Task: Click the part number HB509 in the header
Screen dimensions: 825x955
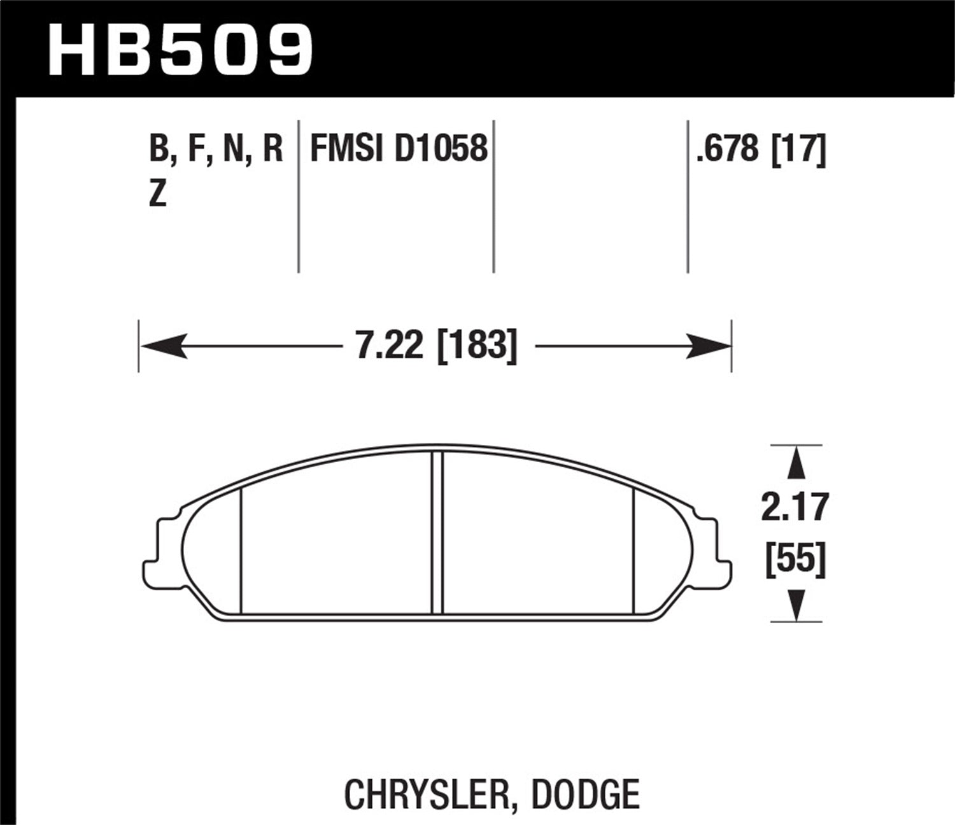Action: (x=180, y=50)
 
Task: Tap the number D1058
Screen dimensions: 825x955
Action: (x=441, y=149)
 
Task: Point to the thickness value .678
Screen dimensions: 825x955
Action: (x=728, y=149)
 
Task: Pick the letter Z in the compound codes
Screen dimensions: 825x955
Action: (x=157, y=194)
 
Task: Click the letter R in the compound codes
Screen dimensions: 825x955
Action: (x=272, y=149)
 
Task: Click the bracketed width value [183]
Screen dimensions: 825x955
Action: (x=477, y=346)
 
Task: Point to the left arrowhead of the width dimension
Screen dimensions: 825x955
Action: (x=163, y=346)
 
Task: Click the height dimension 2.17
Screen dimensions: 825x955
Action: (x=795, y=508)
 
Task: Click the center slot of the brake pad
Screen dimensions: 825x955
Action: (x=437, y=533)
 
